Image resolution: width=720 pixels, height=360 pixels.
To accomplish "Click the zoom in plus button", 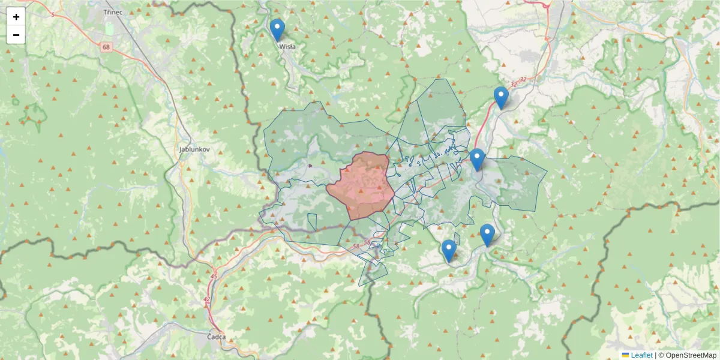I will coord(16,17).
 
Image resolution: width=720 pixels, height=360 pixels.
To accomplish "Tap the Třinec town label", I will coord(113,11).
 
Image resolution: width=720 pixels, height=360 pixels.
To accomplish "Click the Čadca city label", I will coord(216,337).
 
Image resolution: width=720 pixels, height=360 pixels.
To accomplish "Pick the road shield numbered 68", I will coord(107,47).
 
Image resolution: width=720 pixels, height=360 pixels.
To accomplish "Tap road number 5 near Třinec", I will coord(53,14).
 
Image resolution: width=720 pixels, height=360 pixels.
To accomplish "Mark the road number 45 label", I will coord(214,276).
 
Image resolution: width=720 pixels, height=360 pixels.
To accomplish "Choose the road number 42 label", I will coord(207,299).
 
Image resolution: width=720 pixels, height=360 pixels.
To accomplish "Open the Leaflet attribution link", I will coord(641,355).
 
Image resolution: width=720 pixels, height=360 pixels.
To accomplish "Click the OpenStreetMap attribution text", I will coord(691,355).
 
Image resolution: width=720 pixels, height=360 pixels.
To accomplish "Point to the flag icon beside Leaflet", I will coord(626,355).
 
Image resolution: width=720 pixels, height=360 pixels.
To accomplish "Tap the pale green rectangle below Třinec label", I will coord(109,28).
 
